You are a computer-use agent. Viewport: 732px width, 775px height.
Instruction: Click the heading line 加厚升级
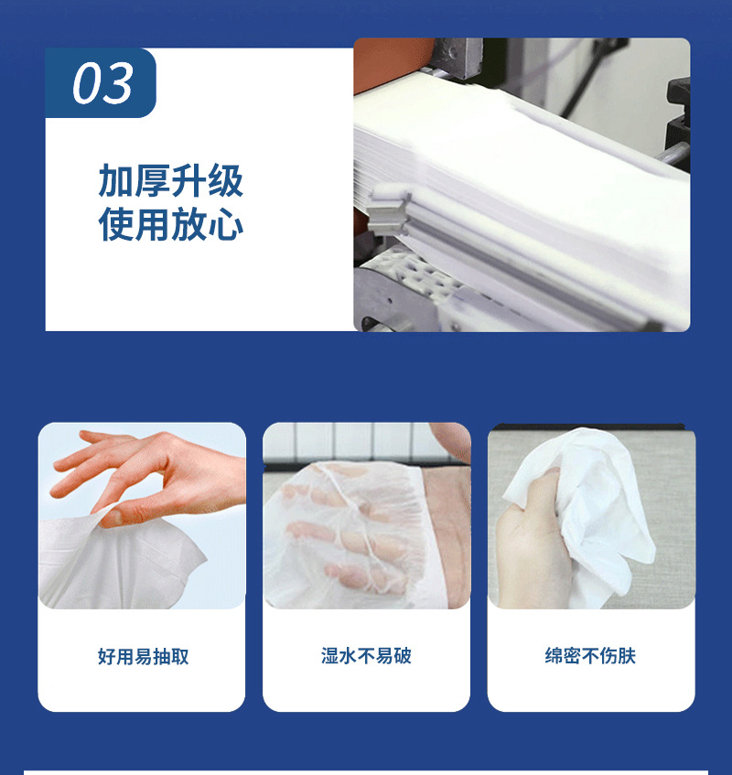pos(170,181)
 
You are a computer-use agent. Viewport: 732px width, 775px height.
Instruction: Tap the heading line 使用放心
pos(170,225)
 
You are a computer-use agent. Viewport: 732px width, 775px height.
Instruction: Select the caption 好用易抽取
pos(143,656)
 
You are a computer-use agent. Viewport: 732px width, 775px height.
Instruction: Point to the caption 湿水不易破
pos(366,656)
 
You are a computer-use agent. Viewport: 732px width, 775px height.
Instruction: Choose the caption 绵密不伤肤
pos(590,656)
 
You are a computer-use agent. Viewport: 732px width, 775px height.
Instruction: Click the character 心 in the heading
pos(226,225)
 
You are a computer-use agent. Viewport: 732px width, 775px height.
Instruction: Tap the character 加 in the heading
pos(116,181)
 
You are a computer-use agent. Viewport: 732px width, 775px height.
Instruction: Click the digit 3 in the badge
pos(118,84)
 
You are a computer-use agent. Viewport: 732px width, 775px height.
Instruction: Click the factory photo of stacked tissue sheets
pos(522,184)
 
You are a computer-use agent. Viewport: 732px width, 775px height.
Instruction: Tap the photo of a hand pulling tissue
pos(142,515)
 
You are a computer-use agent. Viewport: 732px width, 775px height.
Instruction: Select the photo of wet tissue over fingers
pos(366,515)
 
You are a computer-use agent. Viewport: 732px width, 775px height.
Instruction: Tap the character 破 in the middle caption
pos(403,656)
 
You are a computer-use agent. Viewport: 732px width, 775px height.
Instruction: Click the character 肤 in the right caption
pos(627,656)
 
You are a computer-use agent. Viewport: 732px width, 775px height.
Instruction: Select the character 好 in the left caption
pos(106,656)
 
